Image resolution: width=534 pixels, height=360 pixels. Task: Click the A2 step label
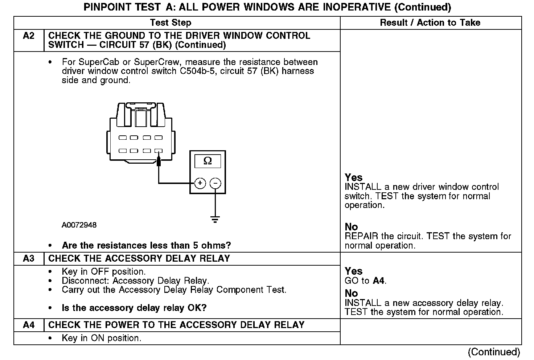coord(29,36)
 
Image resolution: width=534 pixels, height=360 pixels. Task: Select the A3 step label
coord(29,258)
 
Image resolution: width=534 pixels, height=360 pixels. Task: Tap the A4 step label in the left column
coord(29,325)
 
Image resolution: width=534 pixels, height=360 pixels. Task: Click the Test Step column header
coord(171,22)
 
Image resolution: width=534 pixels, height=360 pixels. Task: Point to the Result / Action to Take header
coord(430,22)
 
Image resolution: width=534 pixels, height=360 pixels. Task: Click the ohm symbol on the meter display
coord(208,161)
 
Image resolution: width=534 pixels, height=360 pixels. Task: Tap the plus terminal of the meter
coord(200,183)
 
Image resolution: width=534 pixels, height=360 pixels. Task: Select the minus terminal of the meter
coord(215,183)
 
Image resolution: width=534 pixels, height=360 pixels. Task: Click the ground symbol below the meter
coord(215,219)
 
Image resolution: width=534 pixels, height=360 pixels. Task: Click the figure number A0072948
coord(79,225)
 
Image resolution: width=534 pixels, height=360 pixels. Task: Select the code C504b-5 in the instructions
coord(198,71)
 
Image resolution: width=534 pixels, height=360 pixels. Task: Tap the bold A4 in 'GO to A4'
coord(378,281)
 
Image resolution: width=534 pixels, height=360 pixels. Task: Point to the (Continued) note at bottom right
coord(494,352)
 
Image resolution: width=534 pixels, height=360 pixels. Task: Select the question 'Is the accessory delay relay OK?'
coord(134,308)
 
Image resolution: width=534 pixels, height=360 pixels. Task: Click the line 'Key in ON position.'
coord(102,338)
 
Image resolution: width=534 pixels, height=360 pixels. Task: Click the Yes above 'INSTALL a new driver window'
coord(354,177)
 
